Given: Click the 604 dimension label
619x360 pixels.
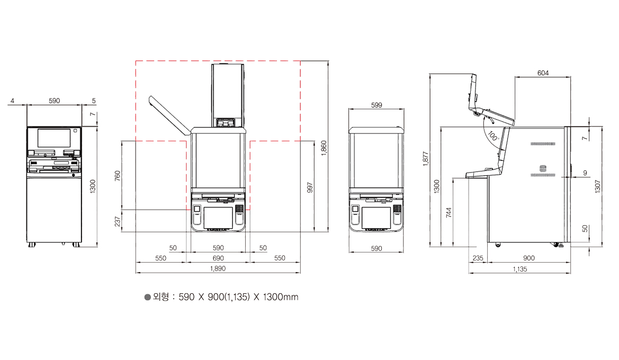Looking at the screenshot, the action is tap(543, 73).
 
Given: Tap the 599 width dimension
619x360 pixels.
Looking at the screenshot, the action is tap(376, 105).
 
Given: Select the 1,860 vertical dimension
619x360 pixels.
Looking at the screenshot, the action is tap(324, 148).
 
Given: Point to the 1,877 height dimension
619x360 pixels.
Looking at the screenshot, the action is tap(426, 159).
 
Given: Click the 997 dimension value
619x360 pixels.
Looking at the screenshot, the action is tap(310, 187).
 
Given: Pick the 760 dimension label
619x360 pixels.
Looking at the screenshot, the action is tap(117, 176).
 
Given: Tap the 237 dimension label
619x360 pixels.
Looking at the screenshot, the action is tap(117, 221).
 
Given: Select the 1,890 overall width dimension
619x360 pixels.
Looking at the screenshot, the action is tap(218, 268).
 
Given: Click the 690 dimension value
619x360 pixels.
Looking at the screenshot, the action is tap(218, 258).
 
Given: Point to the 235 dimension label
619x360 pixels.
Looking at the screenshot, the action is tap(478, 258).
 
